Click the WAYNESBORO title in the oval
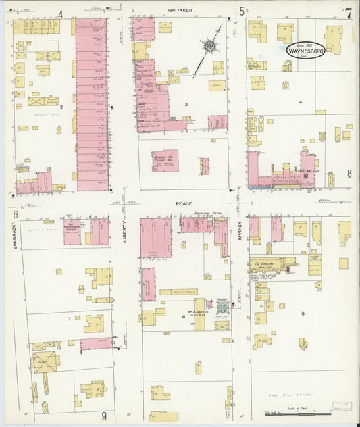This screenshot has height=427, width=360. coord(307,51)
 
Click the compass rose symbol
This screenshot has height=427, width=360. coord(209,46)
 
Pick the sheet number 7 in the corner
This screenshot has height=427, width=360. coord(347,13)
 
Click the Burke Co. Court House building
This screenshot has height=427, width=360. coord(165,160)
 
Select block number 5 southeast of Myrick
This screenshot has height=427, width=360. coord(303,313)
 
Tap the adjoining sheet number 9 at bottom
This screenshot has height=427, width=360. coord(103,416)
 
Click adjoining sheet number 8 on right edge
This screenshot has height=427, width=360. coord(349,174)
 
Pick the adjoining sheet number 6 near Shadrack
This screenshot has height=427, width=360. coord(14,214)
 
